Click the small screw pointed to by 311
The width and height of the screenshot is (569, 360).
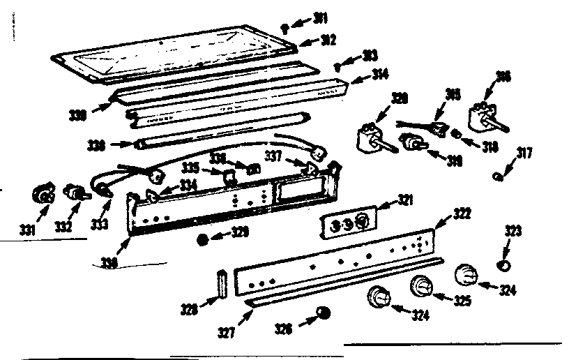[x=287, y=27]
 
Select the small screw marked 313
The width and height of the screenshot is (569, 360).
[x=337, y=66]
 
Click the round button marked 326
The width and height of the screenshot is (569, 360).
[x=323, y=311]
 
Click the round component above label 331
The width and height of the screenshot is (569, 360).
[x=43, y=195]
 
